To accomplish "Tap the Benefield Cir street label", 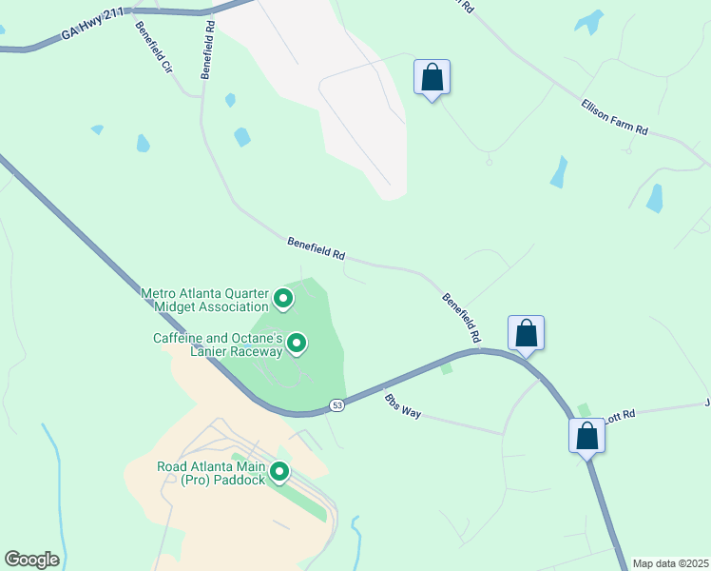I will click(x=153, y=49).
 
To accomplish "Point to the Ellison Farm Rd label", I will click(x=615, y=115).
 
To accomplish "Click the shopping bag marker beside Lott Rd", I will click(x=587, y=436).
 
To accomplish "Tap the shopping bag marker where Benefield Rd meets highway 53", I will click(x=526, y=333).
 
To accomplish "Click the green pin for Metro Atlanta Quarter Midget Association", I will click(x=283, y=300).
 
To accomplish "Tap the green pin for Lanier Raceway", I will click(x=297, y=343).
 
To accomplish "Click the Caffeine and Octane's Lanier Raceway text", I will click(x=219, y=345).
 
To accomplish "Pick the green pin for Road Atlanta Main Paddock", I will click(x=279, y=471).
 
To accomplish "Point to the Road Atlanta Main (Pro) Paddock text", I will click(x=210, y=472).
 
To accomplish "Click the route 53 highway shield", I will click(x=337, y=405).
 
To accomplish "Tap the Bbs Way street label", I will click(x=401, y=405).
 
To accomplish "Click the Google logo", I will click(x=31, y=560).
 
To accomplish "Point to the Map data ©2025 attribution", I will click(x=670, y=563).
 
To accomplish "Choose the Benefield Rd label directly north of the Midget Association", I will click(x=317, y=249).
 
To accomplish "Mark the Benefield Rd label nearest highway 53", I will click(x=461, y=318).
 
